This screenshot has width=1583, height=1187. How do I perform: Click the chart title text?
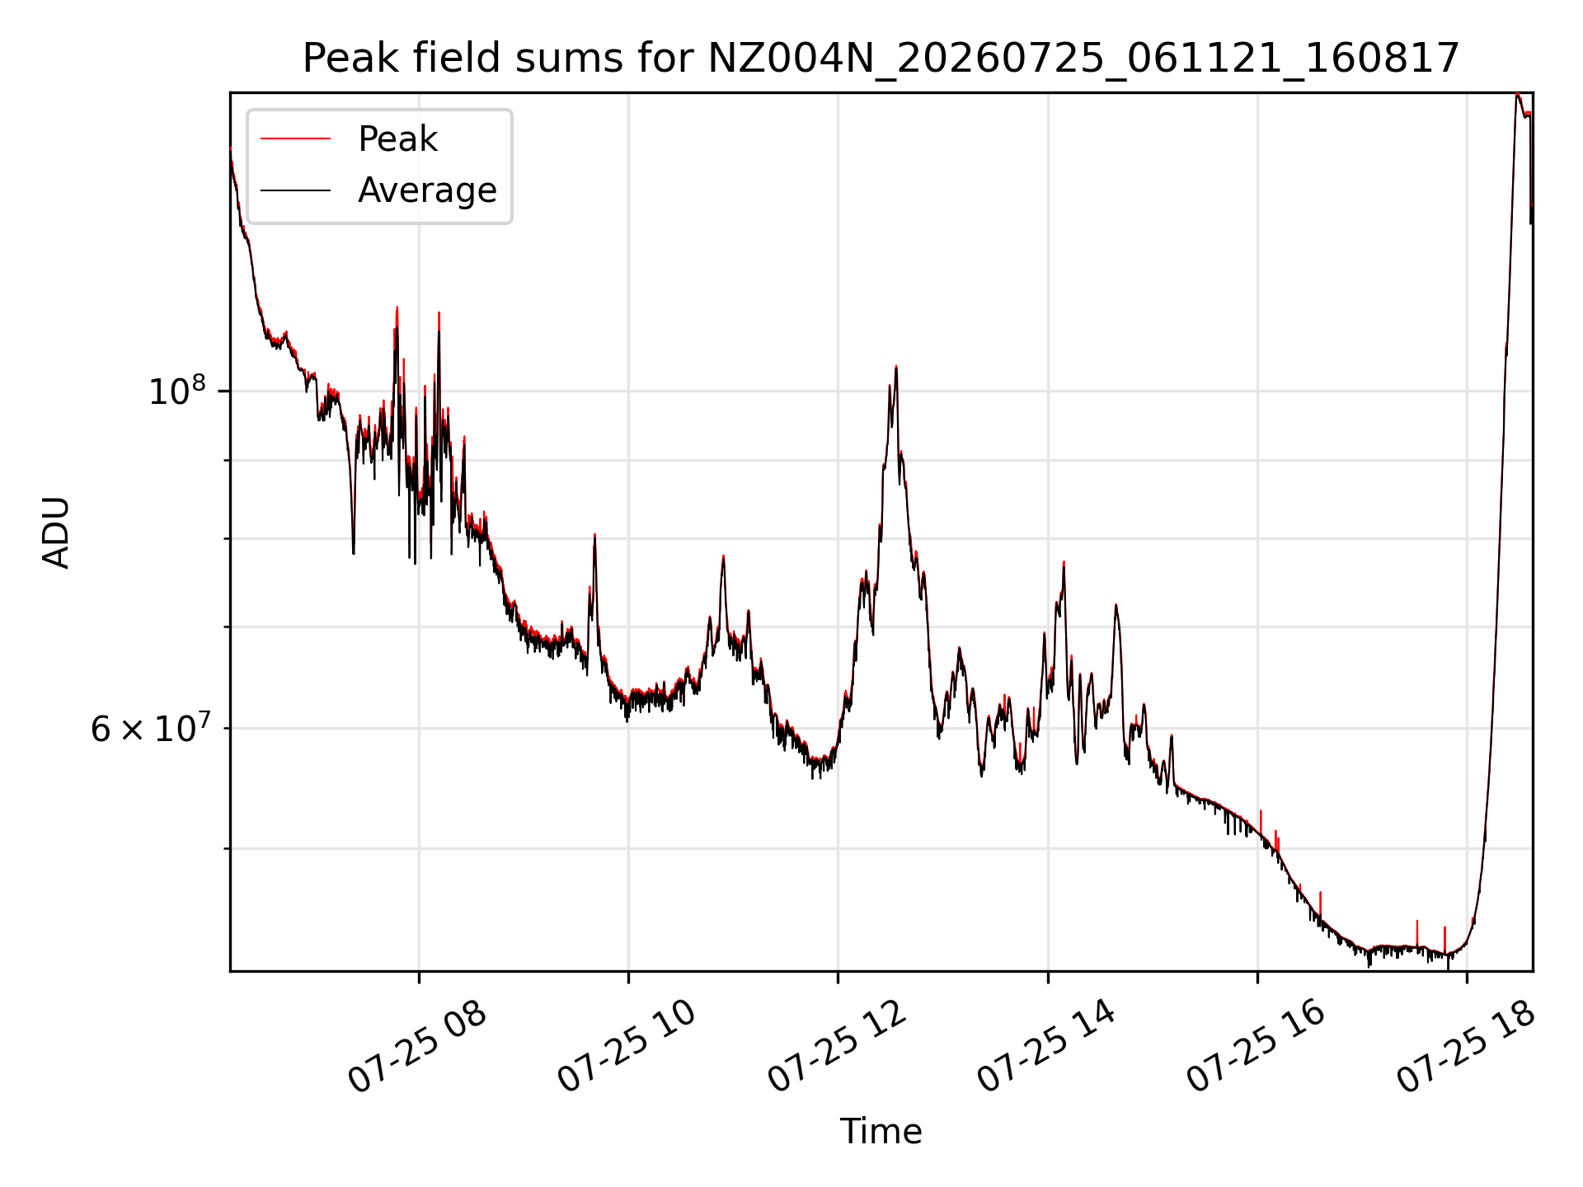[x=881, y=59]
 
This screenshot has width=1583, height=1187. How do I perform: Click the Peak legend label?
[x=397, y=139]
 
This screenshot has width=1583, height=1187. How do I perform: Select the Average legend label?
[x=427, y=190]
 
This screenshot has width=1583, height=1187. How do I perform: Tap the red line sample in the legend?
[x=295, y=139]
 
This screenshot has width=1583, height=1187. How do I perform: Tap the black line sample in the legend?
[x=295, y=190]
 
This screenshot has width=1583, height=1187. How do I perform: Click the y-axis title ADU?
[x=56, y=533]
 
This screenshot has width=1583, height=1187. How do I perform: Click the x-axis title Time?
[x=881, y=1132]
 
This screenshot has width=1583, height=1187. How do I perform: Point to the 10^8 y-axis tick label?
[x=177, y=390]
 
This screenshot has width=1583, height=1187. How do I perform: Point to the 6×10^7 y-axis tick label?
[x=150, y=728]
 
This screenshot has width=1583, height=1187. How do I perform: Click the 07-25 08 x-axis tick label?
[x=416, y=1047]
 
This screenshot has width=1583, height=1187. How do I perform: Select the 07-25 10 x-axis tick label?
[x=627, y=1047]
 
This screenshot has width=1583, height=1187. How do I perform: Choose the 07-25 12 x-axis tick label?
[x=836, y=1047]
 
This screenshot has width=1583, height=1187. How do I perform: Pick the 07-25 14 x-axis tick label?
[x=1045, y=1047]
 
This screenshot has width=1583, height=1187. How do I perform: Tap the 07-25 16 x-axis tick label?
[x=1255, y=1047]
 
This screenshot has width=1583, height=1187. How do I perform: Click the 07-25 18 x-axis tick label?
[x=1465, y=1047]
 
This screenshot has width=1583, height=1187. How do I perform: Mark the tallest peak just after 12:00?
[x=896, y=367]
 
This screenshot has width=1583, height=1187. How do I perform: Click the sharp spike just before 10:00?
[x=594, y=536]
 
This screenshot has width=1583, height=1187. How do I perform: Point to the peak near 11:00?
[x=723, y=557]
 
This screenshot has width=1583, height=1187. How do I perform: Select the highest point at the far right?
[x=1517, y=95]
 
